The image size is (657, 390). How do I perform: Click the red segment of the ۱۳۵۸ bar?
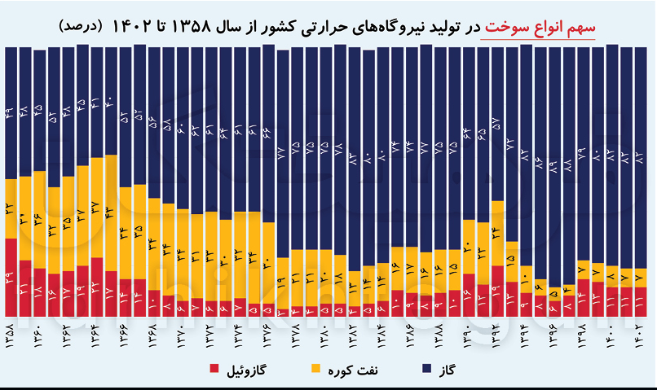(x=11, y=277)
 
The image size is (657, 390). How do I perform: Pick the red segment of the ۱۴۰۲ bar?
(x=642, y=301)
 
